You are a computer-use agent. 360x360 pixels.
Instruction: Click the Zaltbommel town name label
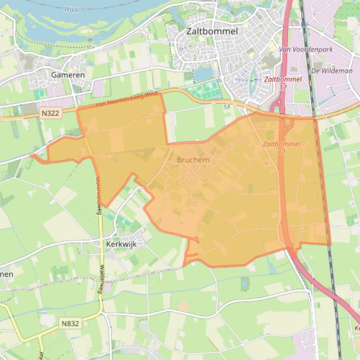point(212,31)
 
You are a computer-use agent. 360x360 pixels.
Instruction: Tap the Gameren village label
point(68,74)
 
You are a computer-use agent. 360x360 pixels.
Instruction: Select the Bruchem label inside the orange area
point(193,159)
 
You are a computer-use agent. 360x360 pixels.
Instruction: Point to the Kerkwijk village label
point(121,244)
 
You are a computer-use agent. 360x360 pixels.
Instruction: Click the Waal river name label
point(71,9)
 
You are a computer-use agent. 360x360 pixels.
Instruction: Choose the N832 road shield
point(70,323)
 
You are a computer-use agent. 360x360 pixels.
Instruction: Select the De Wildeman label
point(331,71)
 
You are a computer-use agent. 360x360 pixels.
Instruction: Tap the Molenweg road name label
point(98,195)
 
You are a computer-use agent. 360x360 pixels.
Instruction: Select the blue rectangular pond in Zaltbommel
point(203,73)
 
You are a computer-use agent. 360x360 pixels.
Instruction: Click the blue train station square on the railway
point(303,23)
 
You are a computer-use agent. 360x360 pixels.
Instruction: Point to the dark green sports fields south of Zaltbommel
point(206,89)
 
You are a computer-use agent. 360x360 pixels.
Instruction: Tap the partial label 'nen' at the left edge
point(7,274)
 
